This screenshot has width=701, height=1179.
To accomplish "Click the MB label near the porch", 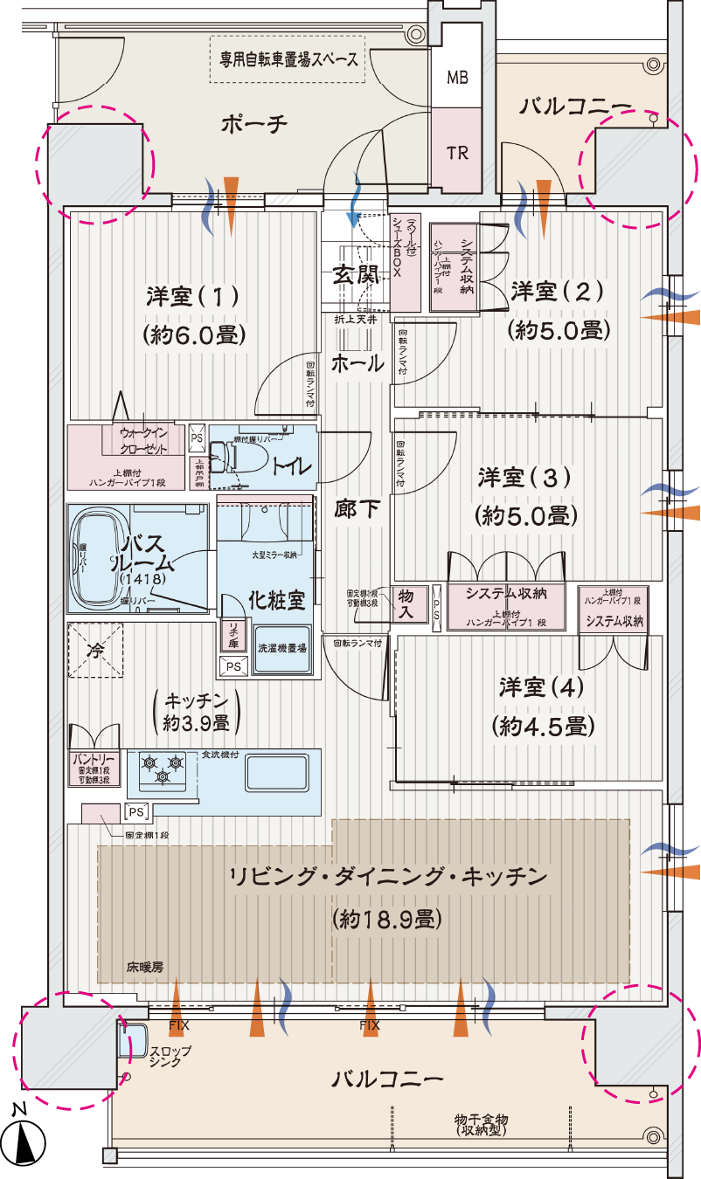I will pos(457,78).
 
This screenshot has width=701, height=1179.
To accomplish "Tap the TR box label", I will pos(457,153).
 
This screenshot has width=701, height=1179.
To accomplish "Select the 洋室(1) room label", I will pos(191,296).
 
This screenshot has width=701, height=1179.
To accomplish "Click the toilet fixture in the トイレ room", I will pos(230,456).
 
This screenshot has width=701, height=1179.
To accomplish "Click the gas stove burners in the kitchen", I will pos(162,769).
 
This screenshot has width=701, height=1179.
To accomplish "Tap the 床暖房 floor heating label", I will pos(144,969).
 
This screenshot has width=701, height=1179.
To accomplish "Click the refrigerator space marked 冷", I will pos(95,650).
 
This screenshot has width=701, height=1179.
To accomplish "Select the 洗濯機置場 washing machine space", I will pos(281,650).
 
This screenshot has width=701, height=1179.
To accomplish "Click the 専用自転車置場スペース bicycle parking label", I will pos(288,60).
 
